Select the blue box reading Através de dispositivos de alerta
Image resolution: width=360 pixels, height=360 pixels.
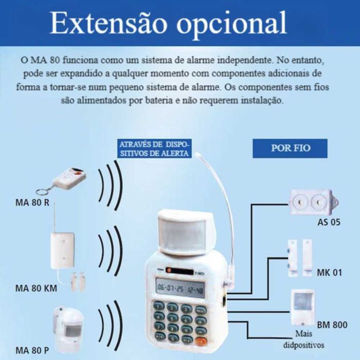pos(154,149)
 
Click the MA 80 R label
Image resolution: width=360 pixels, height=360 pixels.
pos(32,202)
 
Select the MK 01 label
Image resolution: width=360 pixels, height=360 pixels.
pos(329,273)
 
